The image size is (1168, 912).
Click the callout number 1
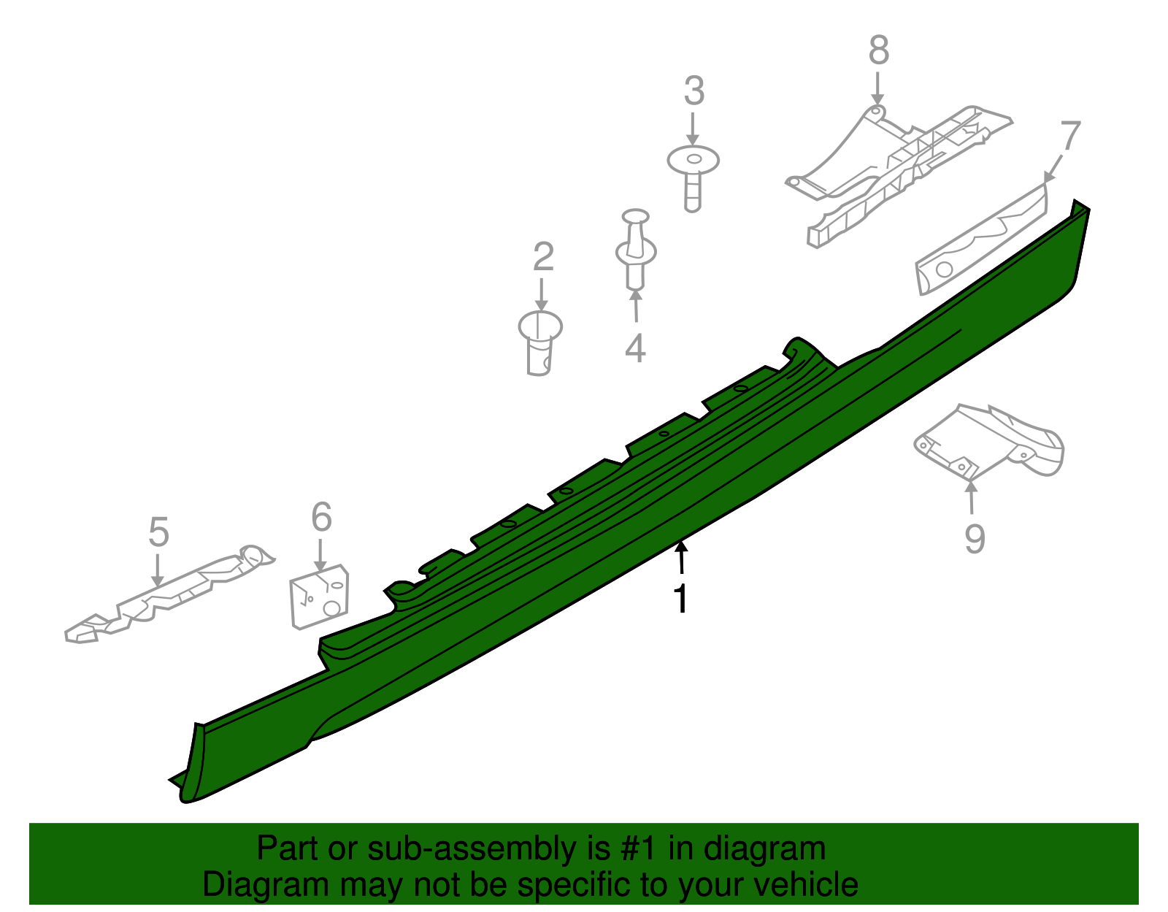[x=680, y=598]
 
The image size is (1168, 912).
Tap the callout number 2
[x=543, y=256]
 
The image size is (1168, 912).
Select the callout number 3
[x=694, y=91]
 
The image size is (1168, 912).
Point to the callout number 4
[x=635, y=348]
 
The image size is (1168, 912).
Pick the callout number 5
[x=159, y=532]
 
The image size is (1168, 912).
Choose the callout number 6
[x=321, y=517]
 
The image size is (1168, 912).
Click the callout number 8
[x=879, y=50]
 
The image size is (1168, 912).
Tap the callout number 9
[x=975, y=538]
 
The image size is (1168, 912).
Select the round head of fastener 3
[x=693, y=160]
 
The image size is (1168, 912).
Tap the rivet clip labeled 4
[x=636, y=250]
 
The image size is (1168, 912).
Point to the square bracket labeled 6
[x=319, y=597]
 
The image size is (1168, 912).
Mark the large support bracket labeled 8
[x=899, y=176]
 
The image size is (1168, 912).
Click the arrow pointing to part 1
[x=682, y=557]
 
